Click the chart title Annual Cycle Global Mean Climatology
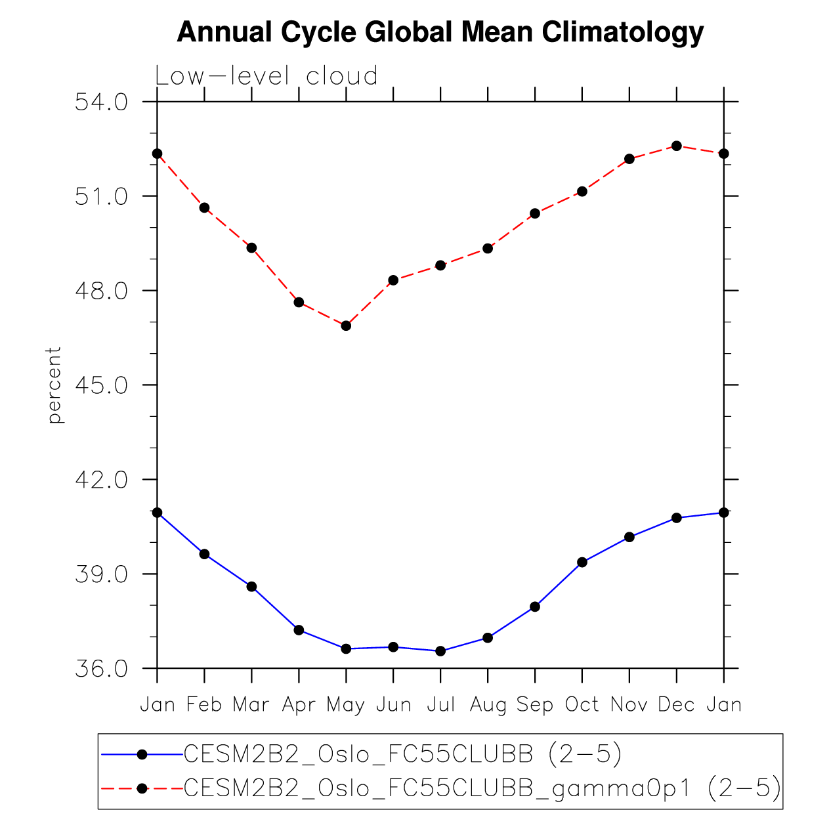(x=440, y=32)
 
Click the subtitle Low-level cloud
(x=266, y=76)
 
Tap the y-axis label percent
(x=54, y=385)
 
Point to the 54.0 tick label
(x=101, y=102)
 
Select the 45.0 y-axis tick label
(x=101, y=385)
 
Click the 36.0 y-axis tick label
(x=101, y=669)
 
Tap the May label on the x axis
(x=346, y=705)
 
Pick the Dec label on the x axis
(x=676, y=705)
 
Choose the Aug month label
(x=488, y=705)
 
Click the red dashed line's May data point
(x=346, y=326)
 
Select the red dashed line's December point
(x=677, y=146)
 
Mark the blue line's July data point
(x=440, y=651)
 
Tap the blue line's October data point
(x=582, y=562)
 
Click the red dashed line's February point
(x=205, y=207)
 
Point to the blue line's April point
(x=299, y=630)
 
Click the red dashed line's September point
(x=535, y=213)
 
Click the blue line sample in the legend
(x=141, y=755)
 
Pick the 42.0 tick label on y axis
(x=101, y=480)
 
